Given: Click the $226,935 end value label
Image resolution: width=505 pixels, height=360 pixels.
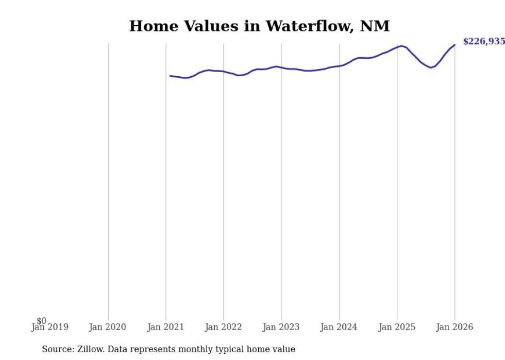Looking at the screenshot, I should [x=483, y=42].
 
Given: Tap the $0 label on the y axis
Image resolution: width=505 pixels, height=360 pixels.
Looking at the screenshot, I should [x=42, y=321].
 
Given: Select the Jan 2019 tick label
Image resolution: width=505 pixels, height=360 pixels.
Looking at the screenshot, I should [x=49, y=327].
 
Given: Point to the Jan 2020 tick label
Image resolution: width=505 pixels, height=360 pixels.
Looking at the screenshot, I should [x=107, y=327].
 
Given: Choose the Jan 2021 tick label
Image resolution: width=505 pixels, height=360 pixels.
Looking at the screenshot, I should [x=165, y=327].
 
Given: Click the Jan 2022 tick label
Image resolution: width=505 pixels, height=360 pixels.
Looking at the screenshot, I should [x=223, y=327].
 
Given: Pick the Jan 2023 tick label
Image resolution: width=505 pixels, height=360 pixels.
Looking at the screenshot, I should [x=281, y=327].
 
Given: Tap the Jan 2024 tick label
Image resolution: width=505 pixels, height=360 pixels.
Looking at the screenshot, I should [x=339, y=327].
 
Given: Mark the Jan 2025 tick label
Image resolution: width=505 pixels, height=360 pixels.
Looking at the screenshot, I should [x=397, y=327].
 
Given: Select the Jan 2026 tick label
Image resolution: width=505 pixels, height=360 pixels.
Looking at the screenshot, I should [x=454, y=327].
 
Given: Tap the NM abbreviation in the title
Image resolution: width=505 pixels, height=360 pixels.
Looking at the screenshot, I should [x=375, y=26].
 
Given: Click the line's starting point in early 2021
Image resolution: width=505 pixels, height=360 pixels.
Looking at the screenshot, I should [x=171, y=76].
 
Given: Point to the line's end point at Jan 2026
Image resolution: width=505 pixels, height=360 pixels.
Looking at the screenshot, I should [x=454, y=45].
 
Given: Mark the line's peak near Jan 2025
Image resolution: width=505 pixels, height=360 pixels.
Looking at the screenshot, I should [x=402, y=46].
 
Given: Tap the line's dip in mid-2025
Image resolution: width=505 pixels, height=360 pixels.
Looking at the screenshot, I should [x=431, y=67].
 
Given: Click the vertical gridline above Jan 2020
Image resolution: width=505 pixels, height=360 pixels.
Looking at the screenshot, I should [x=108, y=180].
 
